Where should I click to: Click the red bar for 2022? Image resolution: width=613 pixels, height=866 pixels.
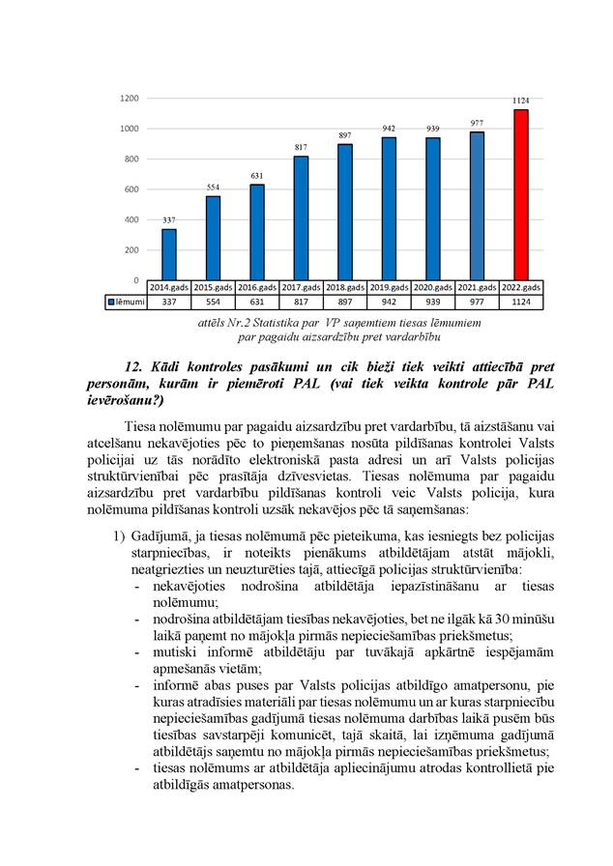click(520, 193)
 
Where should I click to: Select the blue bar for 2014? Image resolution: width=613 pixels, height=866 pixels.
click(169, 254)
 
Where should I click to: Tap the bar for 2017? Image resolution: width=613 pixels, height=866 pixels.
click(301, 217)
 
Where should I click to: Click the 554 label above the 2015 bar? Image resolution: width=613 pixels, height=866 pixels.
click(213, 187)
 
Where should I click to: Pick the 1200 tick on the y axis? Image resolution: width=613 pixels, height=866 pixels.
click(130, 99)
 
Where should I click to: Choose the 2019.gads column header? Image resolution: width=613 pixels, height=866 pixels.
click(390, 288)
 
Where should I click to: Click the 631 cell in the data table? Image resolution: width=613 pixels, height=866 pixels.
click(257, 303)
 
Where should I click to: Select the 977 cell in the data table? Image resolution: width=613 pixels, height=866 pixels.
click(477, 303)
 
